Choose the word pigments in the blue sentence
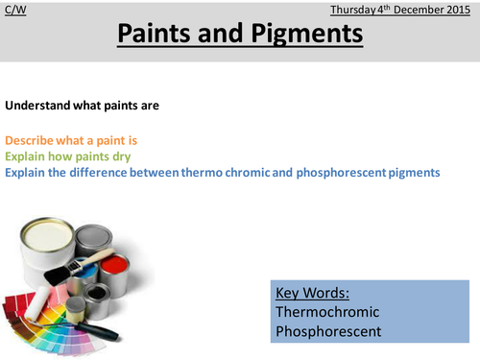pyautogui.click(x=412, y=172)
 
